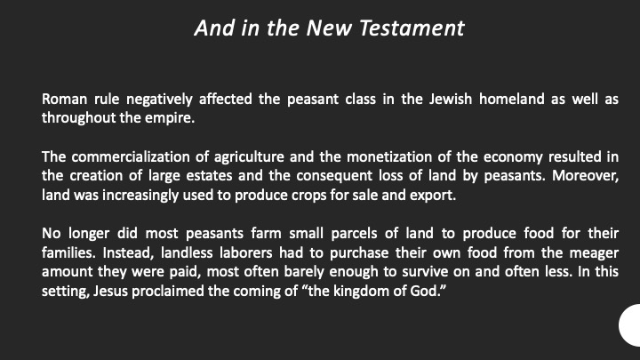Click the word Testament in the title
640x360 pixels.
pyautogui.click(x=412, y=28)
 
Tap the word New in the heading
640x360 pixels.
pyautogui.click(x=330, y=28)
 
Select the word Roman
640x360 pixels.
pyautogui.click(x=65, y=100)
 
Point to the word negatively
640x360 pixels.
pyautogui.click(x=159, y=100)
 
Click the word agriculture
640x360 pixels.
pyautogui.click(x=249, y=157)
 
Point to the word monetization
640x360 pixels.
pyautogui.click(x=389, y=157)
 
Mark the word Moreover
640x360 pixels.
pyautogui.click(x=585, y=176)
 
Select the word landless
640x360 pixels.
pyautogui.click(x=187, y=253)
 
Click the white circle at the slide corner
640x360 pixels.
pyautogui.click(x=631, y=325)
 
